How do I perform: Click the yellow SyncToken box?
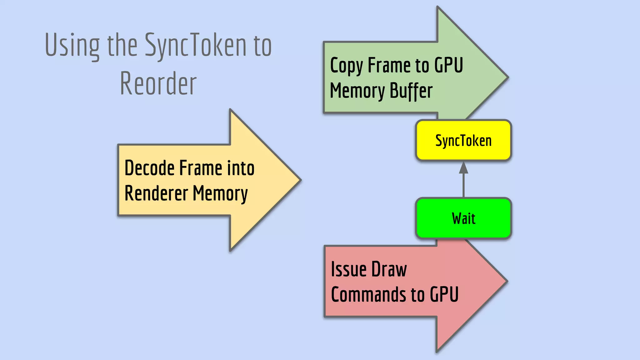463,141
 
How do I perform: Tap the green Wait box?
463,218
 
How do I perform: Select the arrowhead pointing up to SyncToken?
463,168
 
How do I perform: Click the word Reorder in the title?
158,84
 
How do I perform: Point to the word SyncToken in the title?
195,46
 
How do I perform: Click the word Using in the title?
72,46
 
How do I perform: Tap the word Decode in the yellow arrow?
149,168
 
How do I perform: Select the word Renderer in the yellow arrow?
156,193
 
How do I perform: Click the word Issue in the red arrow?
349,269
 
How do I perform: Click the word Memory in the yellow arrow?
220,193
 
